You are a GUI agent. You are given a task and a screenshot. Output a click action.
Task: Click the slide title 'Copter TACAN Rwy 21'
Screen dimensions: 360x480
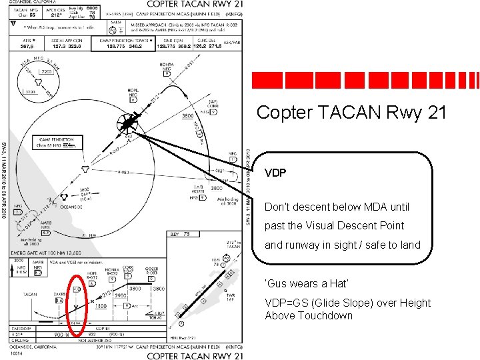[x=351, y=113]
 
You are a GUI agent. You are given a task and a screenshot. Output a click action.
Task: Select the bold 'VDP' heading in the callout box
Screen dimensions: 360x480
[x=275, y=173]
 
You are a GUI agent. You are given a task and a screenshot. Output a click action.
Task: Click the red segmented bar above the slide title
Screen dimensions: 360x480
[x=365, y=80]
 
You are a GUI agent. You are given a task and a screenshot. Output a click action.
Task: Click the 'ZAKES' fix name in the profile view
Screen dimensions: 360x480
[x=58, y=292]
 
